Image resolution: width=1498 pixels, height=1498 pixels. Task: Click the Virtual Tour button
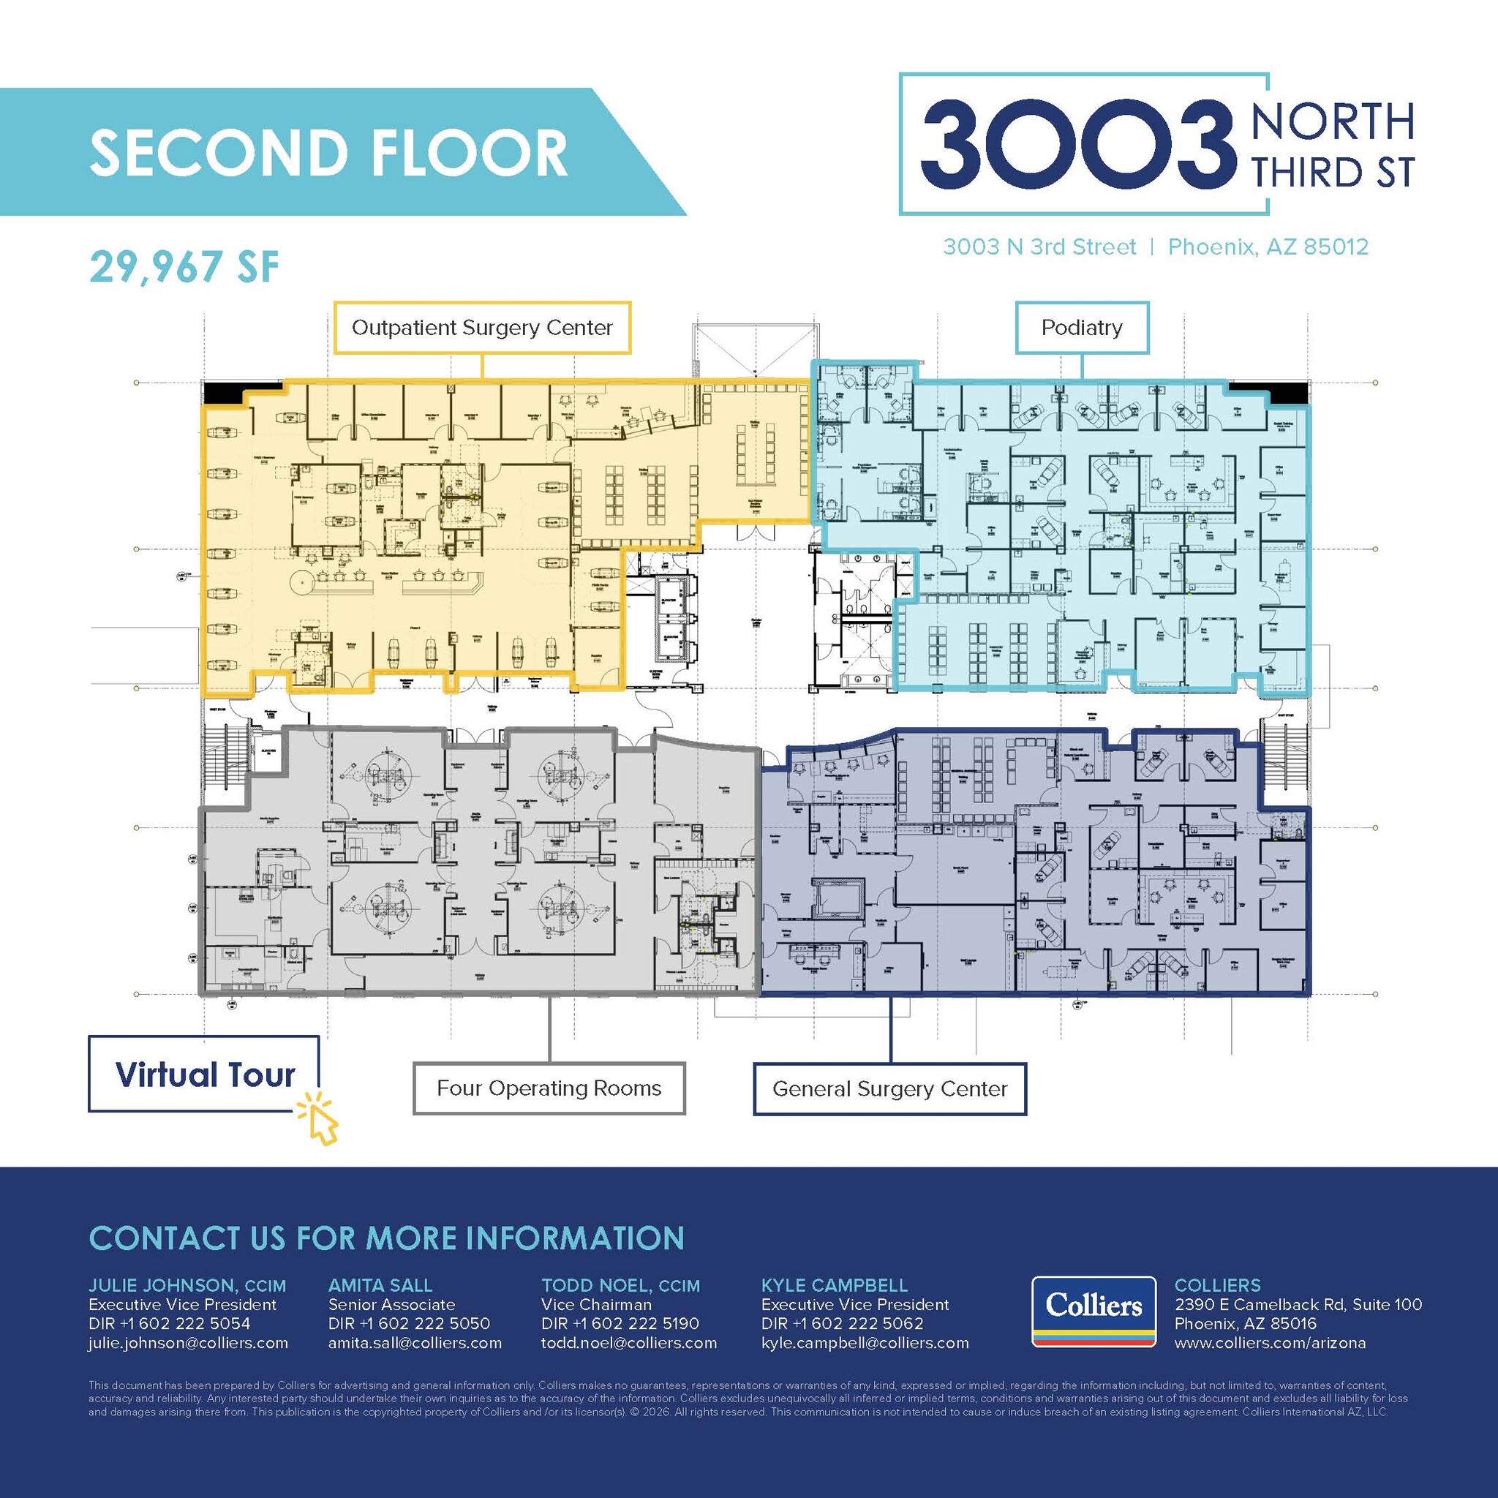pos(204,1074)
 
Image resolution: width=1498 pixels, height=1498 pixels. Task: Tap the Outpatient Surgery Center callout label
pos(481,328)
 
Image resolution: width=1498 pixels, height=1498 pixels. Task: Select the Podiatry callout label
pos(1082,328)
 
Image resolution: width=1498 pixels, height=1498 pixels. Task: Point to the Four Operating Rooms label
pos(549,1088)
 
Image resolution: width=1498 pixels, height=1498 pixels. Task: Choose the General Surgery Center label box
pos(889,1089)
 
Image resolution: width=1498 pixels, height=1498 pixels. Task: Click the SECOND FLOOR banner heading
pos(328,152)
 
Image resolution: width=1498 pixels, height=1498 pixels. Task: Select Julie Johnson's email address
pos(189,1343)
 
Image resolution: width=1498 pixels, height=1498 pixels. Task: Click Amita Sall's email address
pos(415,1343)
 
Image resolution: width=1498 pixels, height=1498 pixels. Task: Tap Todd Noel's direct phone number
pos(620,1323)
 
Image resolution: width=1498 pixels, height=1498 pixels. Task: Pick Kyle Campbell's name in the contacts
pos(835,1286)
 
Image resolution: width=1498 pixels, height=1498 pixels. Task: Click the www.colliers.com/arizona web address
pos(1270,1343)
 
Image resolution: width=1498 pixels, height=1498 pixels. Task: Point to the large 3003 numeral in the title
pos(1077,144)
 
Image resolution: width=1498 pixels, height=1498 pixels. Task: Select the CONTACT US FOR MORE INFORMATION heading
pos(386,1238)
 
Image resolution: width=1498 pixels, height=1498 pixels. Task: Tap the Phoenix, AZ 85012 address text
pos(1268,247)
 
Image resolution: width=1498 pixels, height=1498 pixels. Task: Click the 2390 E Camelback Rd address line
pos(1298,1305)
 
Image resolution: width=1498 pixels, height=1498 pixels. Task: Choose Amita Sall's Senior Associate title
pos(391,1305)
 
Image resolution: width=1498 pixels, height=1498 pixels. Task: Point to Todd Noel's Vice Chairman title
pos(596,1305)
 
